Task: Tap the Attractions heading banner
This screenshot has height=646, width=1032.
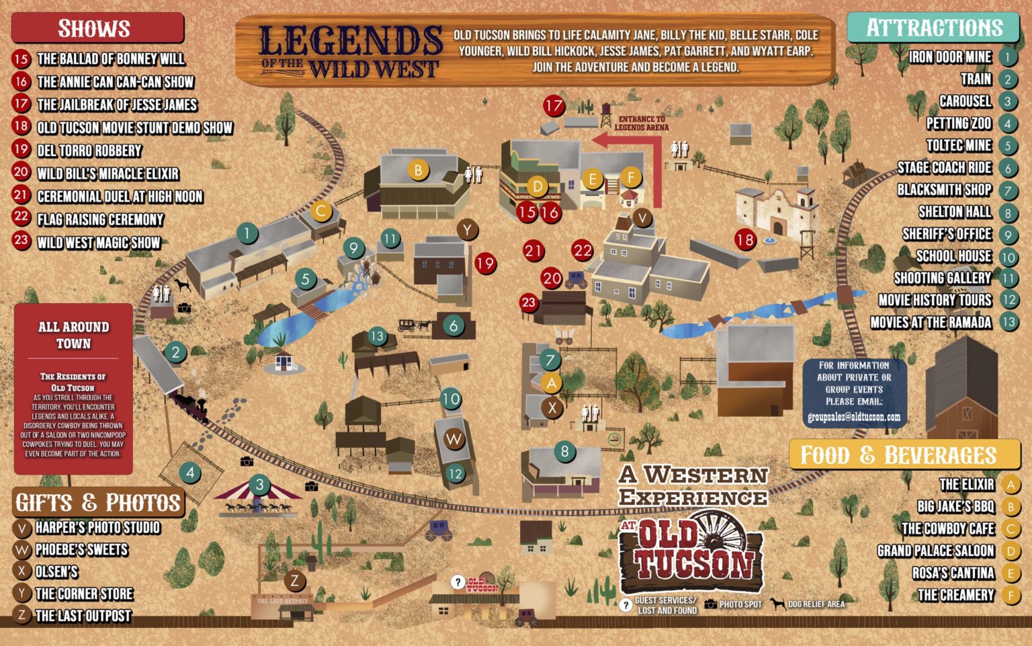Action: point(933,28)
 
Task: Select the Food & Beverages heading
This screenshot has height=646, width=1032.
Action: point(898,455)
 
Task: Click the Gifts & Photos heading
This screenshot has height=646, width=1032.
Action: point(98,502)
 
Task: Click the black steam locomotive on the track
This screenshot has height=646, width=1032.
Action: point(190,405)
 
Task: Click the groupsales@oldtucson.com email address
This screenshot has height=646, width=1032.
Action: point(853,417)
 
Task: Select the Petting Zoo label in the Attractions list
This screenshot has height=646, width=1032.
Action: point(959,123)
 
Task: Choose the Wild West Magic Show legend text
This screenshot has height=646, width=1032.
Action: point(99,242)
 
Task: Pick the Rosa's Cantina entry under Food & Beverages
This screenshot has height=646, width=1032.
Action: point(953,573)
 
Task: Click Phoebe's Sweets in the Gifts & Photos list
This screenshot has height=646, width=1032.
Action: point(81,549)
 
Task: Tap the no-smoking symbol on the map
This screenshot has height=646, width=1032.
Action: point(613,439)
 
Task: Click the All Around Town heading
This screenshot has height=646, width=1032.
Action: point(73,335)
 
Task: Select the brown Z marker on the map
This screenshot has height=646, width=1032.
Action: point(294,580)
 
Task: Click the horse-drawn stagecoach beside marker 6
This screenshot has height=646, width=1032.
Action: point(414,326)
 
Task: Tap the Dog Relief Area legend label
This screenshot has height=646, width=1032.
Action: point(816,604)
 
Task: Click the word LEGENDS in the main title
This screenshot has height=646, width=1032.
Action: point(350,40)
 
